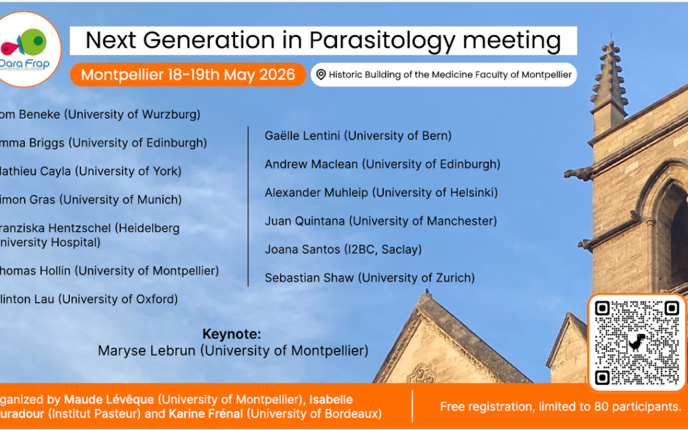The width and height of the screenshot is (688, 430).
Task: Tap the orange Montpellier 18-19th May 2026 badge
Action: pyautogui.click(x=188, y=75)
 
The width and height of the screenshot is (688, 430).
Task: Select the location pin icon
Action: pyautogui.click(x=320, y=75)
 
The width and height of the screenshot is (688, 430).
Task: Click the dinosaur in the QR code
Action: pyautogui.click(x=636, y=342)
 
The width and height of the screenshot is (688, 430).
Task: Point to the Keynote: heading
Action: pyautogui.click(x=232, y=334)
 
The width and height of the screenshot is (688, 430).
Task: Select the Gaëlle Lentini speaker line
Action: pyautogui.click(x=358, y=136)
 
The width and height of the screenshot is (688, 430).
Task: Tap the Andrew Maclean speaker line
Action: pyautogui.click(x=382, y=164)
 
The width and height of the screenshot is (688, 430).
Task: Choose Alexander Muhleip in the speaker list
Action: pyautogui.click(x=381, y=192)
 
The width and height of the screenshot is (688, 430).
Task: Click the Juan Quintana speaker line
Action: pyautogui.click(x=380, y=221)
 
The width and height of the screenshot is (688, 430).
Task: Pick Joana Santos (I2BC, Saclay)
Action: pyautogui.click(x=343, y=249)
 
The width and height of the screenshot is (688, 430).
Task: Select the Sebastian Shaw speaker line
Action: pyautogui.click(x=369, y=278)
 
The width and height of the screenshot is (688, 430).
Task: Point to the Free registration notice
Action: pyautogui.click(x=561, y=406)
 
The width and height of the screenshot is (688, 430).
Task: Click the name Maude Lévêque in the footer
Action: pyautogui.click(x=109, y=399)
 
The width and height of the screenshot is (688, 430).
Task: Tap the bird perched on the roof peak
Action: pyautogui.click(x=427, y=294)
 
